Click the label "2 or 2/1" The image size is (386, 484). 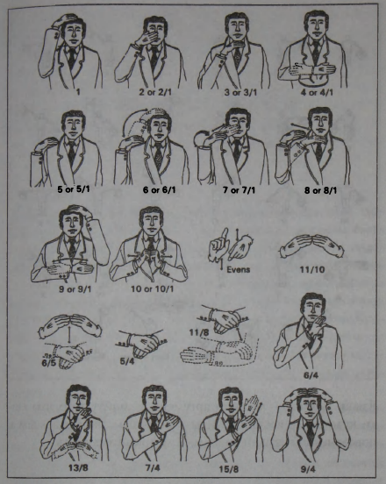[155, 92]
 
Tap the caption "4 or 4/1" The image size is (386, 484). [318, 92]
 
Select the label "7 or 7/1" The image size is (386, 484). [239, 190]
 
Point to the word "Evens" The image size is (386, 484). [238, 269]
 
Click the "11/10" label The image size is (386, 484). [312, 270]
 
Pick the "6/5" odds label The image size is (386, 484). [49, 362]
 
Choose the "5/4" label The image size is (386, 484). [127, 361]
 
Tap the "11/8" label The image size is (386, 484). [198, 332]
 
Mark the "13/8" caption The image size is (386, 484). [78, 467]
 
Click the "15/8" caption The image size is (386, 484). [229, 469]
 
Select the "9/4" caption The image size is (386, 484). [308, 469]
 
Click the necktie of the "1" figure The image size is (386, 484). [72, 57]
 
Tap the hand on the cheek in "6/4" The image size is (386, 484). [317, 327]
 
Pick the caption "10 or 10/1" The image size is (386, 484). [153, 289]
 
